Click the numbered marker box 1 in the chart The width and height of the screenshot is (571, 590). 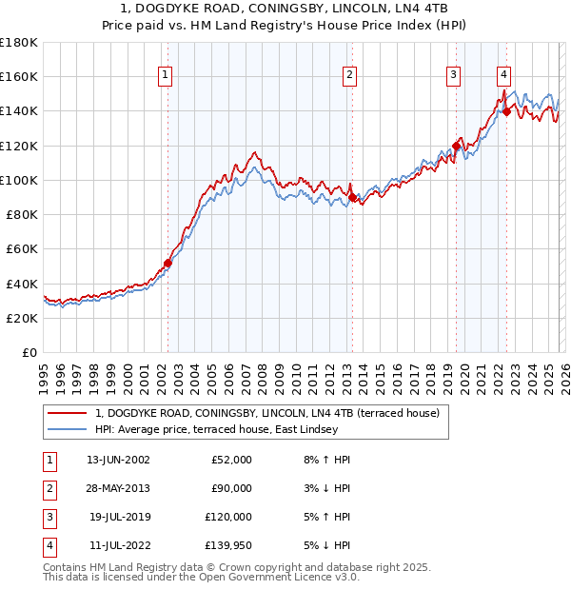tap(166, 75)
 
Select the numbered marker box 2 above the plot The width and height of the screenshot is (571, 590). tap(350, 75)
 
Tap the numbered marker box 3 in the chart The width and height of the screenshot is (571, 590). tap(454, 75)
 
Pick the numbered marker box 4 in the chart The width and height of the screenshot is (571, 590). tap(503, 75)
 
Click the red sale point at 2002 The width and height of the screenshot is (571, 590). tap(168, 263)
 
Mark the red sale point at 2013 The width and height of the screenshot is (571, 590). tap(352, 197)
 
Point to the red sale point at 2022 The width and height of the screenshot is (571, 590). tap(506, 111)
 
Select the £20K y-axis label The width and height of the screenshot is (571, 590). tap(22, 318)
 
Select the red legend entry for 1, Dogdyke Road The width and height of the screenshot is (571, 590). tap(266, 414)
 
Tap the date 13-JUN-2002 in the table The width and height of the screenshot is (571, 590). tap(117, 459)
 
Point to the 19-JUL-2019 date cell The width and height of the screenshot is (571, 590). tap(118, 517)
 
